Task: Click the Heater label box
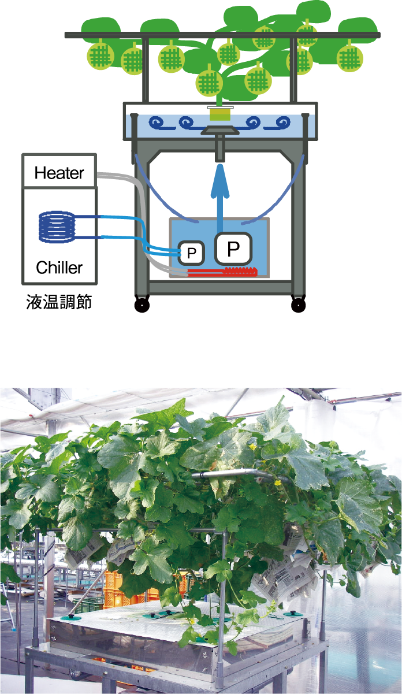[59, 172]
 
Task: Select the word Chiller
[59, 268]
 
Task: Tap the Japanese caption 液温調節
[59, 302]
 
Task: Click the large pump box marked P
[233, 248]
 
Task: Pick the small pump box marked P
[192, 252]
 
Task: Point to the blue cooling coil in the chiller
[57, 226]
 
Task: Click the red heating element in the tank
[222, 270]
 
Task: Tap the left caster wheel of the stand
[142, 305]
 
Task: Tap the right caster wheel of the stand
[298, 305]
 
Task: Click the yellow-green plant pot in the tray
[219, 114]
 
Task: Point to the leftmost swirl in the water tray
[158, 123]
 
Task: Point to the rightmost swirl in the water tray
[282, 123]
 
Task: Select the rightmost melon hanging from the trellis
[349, 57]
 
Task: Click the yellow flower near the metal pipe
[278, 483]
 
